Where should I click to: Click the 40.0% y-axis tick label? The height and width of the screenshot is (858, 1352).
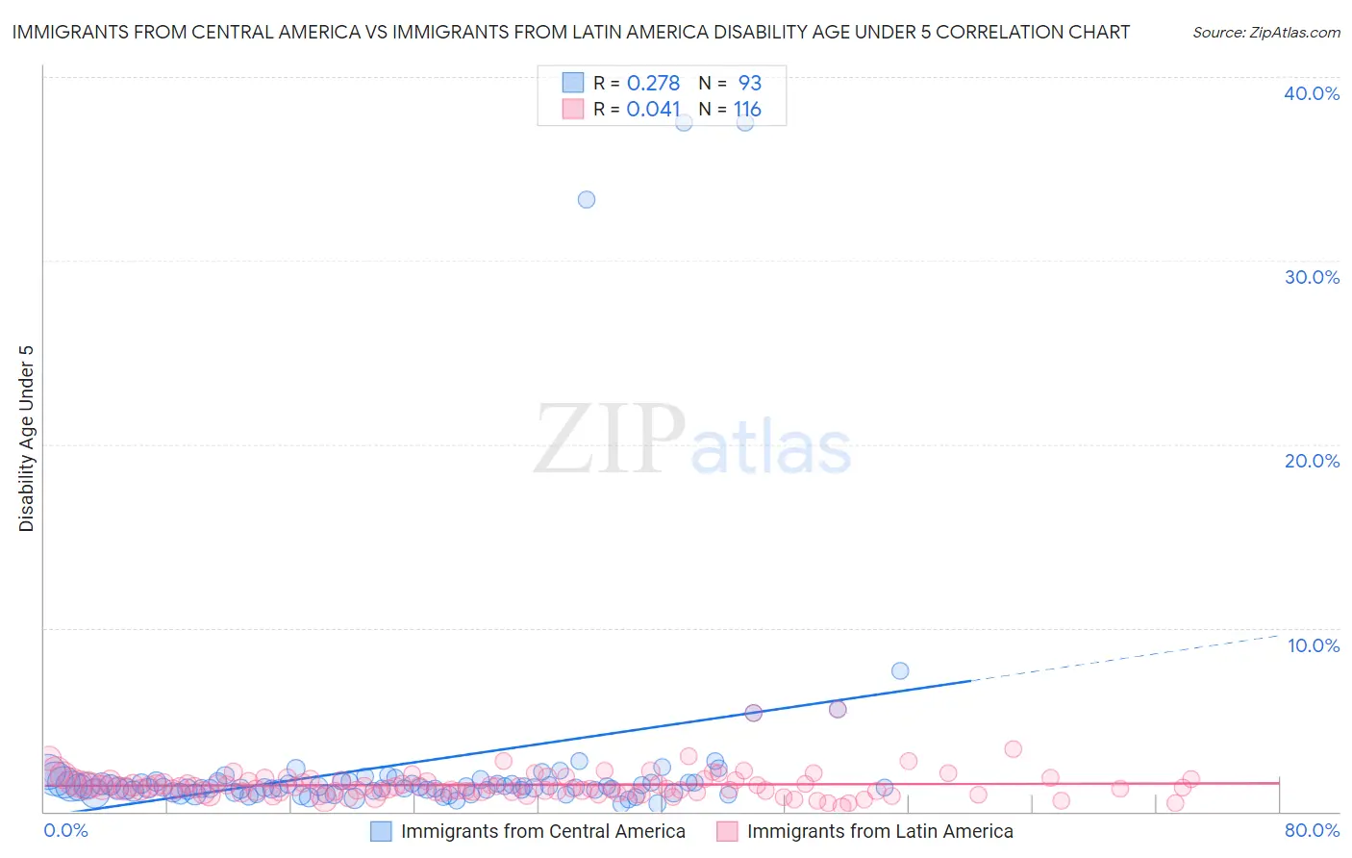1311,93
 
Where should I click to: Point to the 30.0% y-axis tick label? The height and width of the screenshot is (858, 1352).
1311,277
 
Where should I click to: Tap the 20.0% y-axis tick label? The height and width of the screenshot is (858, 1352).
1311,461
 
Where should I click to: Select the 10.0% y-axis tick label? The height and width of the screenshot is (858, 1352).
1313,645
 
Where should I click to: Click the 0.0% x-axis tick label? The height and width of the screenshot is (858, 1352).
65,830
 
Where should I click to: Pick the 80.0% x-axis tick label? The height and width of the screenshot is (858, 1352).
1311,830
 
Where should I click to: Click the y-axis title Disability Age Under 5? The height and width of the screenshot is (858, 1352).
27,438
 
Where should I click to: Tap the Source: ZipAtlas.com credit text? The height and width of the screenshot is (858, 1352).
1265,33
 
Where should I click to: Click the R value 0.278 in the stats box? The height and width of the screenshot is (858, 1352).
653,84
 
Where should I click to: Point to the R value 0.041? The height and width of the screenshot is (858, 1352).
653,110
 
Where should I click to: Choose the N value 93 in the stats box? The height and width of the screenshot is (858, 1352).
749,84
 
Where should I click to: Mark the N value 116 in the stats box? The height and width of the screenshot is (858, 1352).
747,110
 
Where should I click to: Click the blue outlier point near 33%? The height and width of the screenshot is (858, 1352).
587,200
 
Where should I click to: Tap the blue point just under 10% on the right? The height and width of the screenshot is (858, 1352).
900,670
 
